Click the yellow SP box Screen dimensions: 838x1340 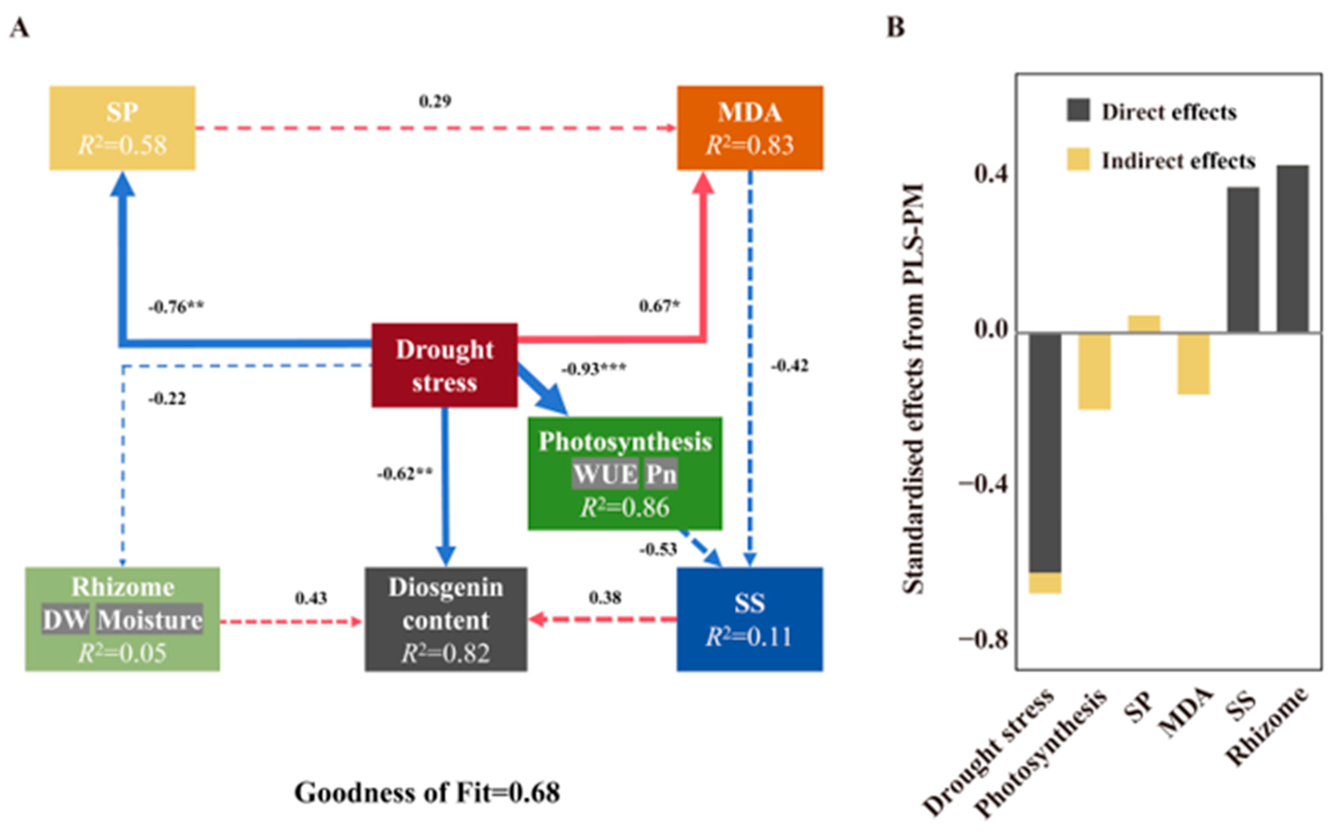pos(122,128)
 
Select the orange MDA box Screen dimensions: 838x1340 pos(750,128)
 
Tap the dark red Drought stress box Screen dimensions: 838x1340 pos(444,366)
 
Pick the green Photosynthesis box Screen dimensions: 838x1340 pos(625,473)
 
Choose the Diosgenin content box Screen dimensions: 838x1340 pos(445,619)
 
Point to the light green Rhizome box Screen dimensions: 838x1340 pos(122,619)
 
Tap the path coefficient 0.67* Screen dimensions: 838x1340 pos(659,306)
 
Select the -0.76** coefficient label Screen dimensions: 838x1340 pos(176,307)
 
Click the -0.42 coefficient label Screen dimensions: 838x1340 pos(789,366)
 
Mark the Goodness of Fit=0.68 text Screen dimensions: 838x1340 pos(427,792)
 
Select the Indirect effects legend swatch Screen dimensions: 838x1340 pos(1078,160)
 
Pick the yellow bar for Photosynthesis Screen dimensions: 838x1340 pos(1094,371)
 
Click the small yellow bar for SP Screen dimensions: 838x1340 pos(1144,324)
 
